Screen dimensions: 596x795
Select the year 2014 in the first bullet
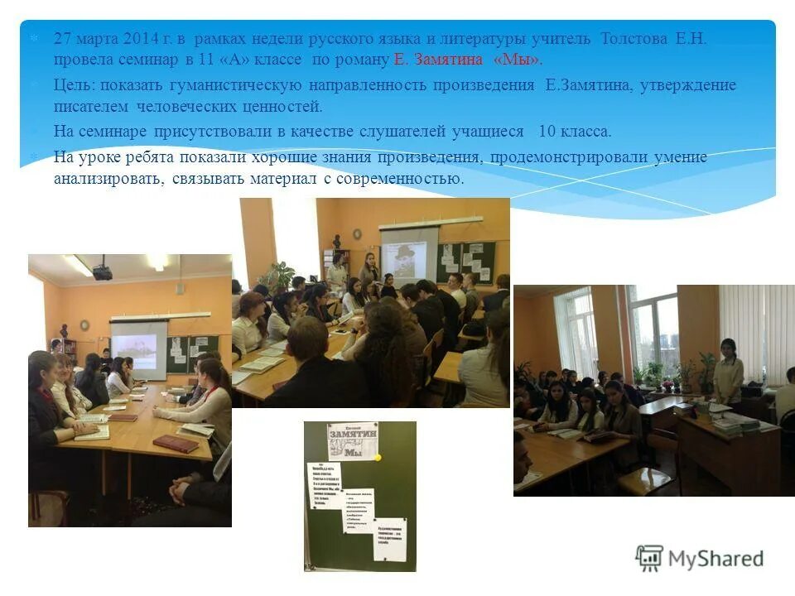137,39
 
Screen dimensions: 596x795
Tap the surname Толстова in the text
632,39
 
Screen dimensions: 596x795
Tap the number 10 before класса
547,132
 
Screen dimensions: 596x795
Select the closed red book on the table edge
176,444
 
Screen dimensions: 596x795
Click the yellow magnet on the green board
377,456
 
